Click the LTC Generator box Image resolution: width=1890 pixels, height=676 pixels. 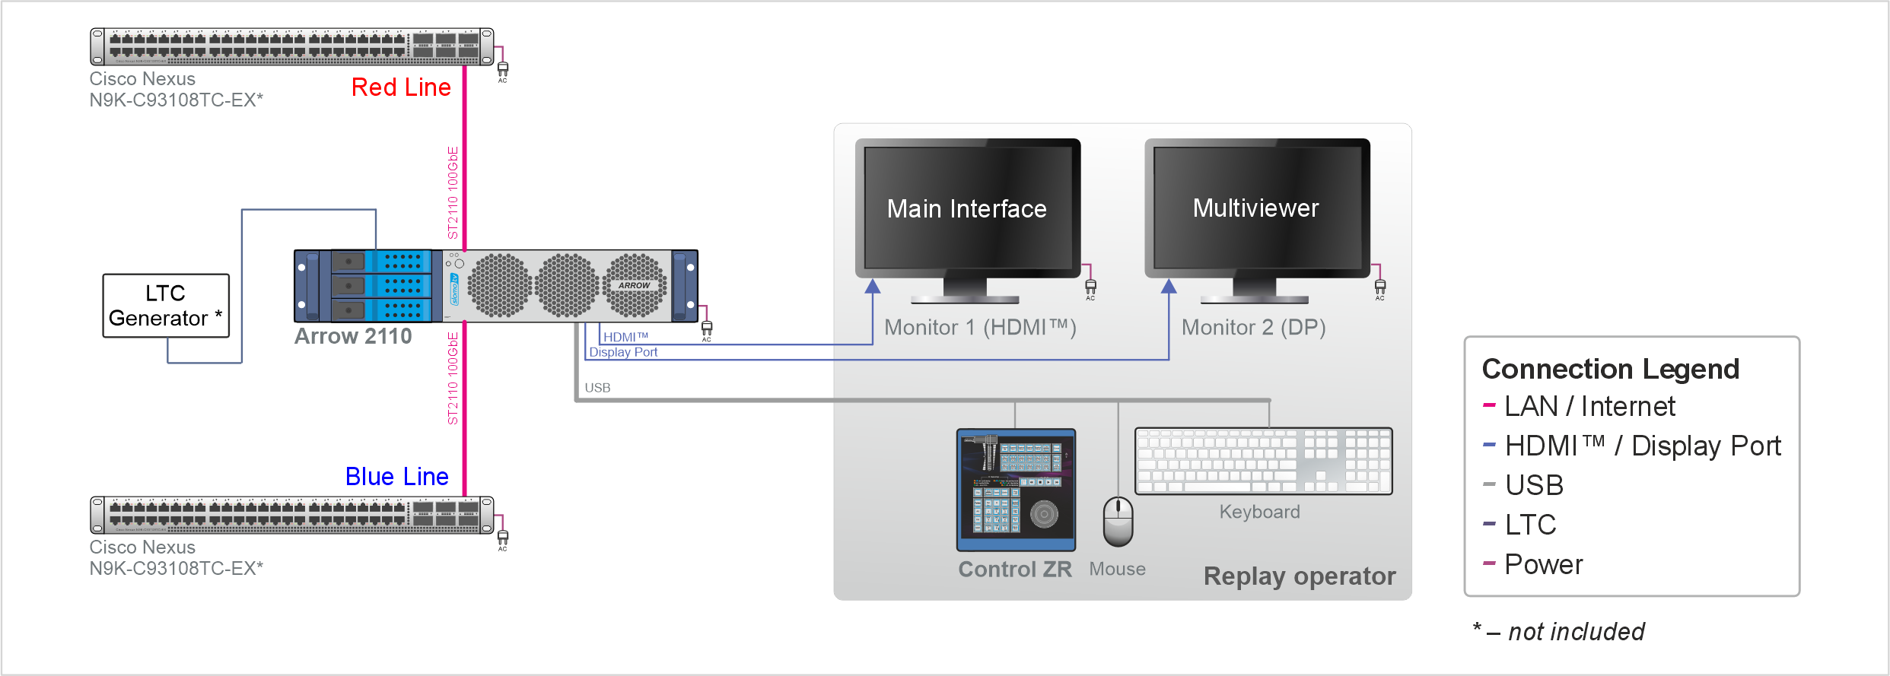point(166,306)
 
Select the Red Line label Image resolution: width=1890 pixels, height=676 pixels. point(401,87)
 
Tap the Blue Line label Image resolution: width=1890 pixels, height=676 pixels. point(396,477)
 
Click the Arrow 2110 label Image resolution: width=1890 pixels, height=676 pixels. point(353,336)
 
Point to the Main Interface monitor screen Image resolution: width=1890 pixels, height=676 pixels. point(967,208)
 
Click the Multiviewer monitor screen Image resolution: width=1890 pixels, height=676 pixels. point(1256,208)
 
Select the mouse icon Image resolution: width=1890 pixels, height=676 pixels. point(1118,522)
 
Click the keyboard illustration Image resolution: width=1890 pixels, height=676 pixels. point(1263,461)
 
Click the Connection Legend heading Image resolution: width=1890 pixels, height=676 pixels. point(1610,369)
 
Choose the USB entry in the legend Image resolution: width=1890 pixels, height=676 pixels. point(1534,485)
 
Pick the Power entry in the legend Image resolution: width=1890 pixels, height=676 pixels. point(1543,564)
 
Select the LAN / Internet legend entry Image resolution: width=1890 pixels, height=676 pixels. point(1589,406)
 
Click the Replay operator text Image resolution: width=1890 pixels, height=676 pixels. point(1300,576)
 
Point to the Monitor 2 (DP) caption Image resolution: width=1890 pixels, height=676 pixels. point(1253,328)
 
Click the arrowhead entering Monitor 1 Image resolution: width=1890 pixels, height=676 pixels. point(873,287)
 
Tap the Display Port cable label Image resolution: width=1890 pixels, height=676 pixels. point(623,352)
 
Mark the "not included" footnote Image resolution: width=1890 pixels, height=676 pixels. point(1576,631)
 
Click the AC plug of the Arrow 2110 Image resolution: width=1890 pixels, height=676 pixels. point(707,328)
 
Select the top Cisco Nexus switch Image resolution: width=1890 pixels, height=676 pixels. point(292,46)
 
